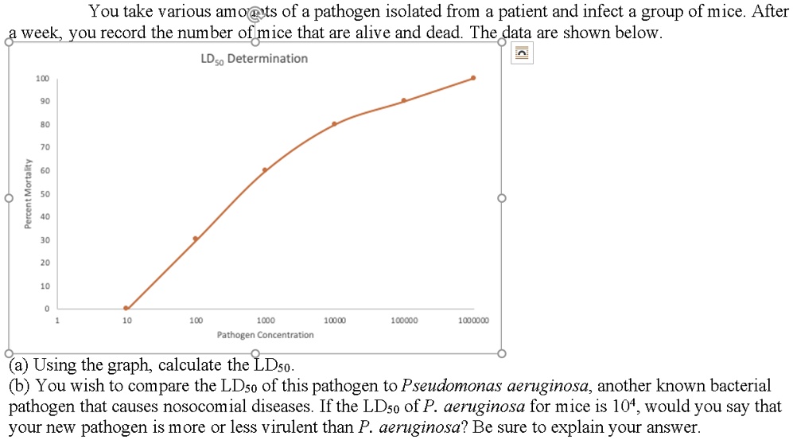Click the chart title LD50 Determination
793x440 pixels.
click(x=254, y=59)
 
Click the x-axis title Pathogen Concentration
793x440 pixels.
click(x=265, y=335)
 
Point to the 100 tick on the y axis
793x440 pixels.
click(x=42, y=78)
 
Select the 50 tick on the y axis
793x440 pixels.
click(x=45, y=193)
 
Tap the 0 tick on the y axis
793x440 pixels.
click(x=46, y=308)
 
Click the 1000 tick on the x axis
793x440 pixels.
click(x=266, y=320)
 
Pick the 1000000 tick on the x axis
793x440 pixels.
click(x=474, y=320)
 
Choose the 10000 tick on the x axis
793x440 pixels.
click(x=335, y=320)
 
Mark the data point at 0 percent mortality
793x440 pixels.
click(x=126, y=308)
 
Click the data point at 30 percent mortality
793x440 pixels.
click(x=195, y=239)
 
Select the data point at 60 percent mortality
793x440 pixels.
click(x=265, y=169)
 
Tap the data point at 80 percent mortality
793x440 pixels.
click(x=334, y=123)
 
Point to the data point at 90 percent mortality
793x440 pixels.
click(x=404, y=100)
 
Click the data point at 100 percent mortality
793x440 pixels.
click(x=473, y=78)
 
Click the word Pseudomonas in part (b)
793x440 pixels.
click(x=445, y=387)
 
